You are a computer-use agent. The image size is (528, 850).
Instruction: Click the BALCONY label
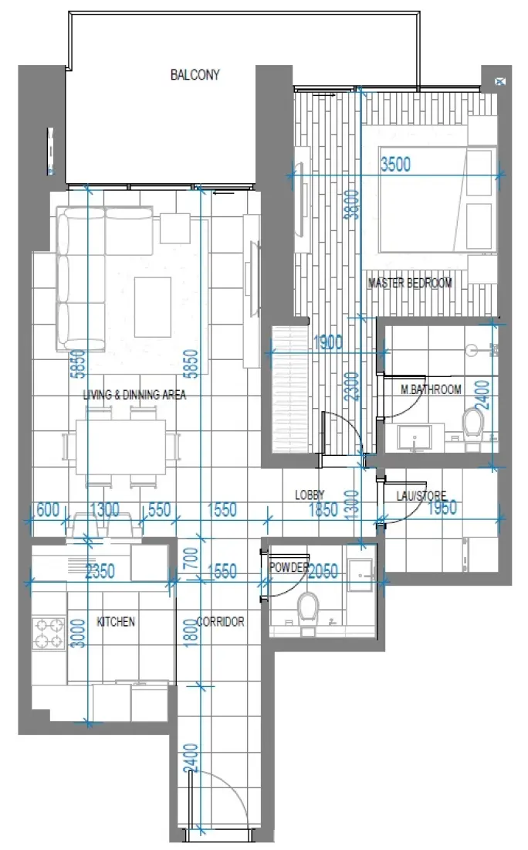(195, 75)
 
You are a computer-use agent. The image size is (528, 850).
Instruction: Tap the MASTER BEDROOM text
(410, 283)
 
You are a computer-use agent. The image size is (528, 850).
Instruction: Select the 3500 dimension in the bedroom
(395, 164)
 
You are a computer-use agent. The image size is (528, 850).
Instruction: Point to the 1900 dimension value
(329, 342)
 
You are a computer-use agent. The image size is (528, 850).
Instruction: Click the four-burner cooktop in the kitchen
(48, 633)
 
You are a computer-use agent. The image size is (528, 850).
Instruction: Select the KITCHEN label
(116, 621)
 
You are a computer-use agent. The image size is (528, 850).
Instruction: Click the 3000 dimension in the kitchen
(75, 636)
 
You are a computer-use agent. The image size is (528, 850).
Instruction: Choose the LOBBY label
(310, 495)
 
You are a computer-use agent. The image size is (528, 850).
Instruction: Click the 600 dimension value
(48, 509)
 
